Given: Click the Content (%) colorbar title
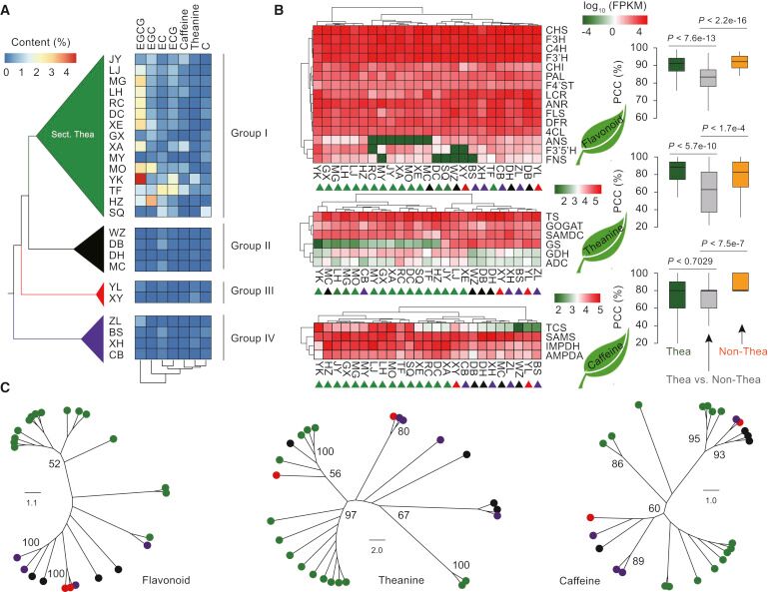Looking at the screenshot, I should tap(38, 43).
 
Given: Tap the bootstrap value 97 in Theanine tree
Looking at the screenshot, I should tap(352, 514).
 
